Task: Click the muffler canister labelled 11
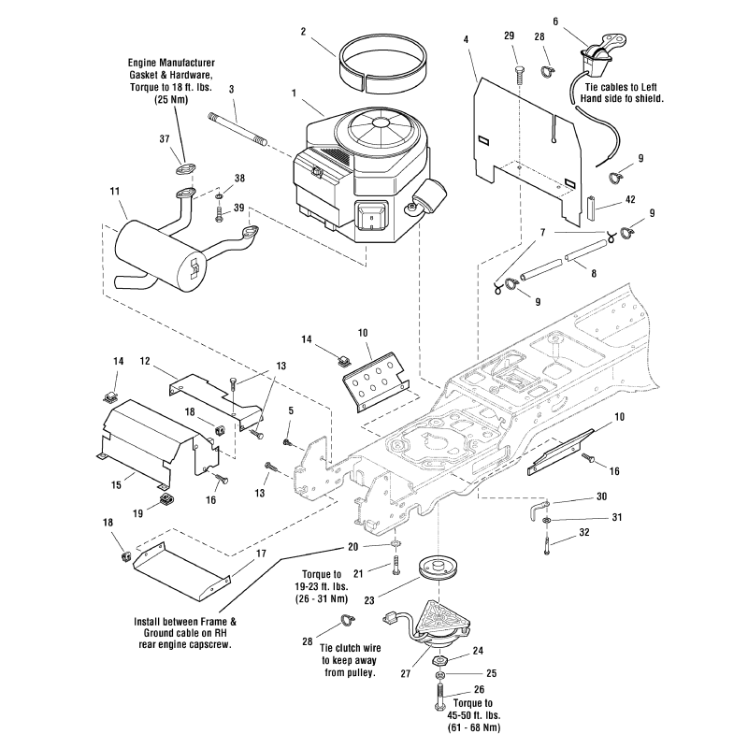(x=150, y=251)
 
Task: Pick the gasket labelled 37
(x=180, y=170)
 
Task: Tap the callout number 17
(x=262, y=553)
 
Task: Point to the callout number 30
(x=601, y=496)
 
